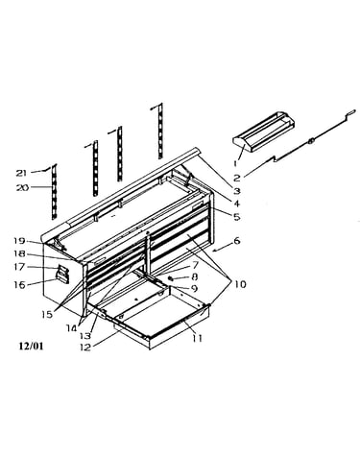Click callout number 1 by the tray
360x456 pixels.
click(235, 163)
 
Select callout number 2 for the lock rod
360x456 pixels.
click(237, 178)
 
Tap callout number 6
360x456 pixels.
click(237, 241)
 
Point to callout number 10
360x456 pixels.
click(240, 284)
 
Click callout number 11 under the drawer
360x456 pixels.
click(198, 338)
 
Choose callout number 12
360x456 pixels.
click(85, 347)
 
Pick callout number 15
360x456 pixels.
click(47, 314)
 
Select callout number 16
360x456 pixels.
click(19, 284)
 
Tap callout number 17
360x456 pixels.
click(20, 267)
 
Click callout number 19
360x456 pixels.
click(20, 241)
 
